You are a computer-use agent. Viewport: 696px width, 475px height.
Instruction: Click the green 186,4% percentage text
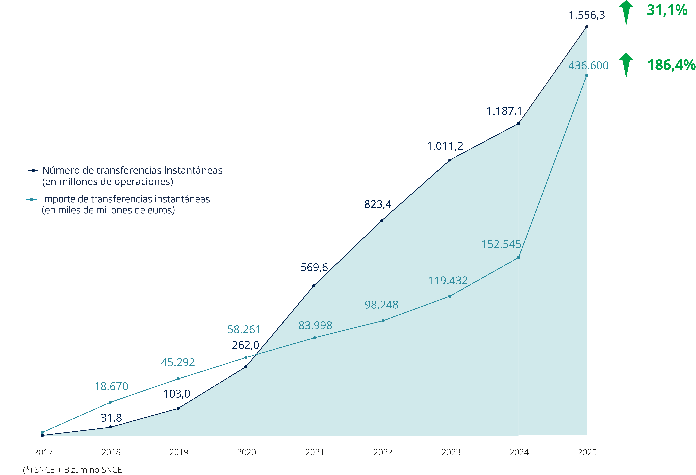point(671,65)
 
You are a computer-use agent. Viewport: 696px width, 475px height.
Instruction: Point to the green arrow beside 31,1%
point(626,13)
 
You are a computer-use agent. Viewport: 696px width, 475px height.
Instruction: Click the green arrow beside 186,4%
point(626,65)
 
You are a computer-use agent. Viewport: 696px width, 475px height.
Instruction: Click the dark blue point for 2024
point(518,123)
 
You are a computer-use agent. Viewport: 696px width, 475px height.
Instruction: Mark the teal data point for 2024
point(518,257)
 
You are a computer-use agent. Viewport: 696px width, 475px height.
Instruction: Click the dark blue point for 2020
point(246,366)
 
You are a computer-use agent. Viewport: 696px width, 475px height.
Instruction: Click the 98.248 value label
point(381,305)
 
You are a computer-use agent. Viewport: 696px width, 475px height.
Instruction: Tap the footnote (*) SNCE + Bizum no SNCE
point(72,470)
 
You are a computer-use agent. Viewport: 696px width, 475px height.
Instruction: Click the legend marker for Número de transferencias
point(33,170)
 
